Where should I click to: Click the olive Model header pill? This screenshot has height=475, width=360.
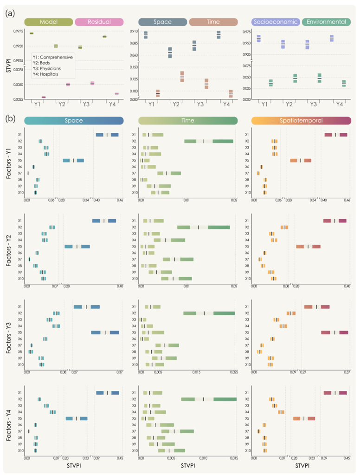point(48,21)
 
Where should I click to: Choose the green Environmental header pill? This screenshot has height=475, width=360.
point(326,21)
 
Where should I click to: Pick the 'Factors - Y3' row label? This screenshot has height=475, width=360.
point(9,336)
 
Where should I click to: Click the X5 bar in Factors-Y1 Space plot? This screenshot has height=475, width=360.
point(73,161)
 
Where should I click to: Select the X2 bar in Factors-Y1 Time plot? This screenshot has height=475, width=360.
point(208,141)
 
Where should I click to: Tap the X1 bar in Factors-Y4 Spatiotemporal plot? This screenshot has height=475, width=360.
point(335,393)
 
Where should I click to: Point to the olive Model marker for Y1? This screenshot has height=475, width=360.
point(32,33)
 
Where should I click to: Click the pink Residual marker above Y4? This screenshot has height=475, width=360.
point(116,94)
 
